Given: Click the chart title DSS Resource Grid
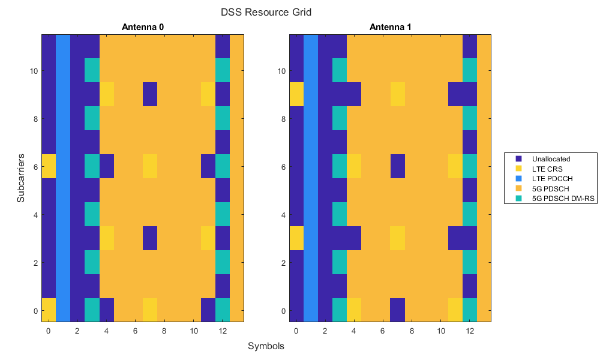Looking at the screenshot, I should (x=266, y=12).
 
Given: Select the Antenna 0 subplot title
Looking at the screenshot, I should (x=143, y=27).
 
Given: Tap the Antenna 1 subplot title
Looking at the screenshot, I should (x=390, y=27).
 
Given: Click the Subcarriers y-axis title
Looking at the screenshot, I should (x=21, y=178).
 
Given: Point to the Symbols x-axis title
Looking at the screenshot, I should (x=266, y=346).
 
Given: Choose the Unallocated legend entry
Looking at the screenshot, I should (x=549, y=159).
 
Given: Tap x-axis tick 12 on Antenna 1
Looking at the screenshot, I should (x=470, y=331).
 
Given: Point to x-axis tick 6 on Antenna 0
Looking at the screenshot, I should (x=136, y=331).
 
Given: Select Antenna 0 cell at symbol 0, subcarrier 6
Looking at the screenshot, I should (x=49, y=166).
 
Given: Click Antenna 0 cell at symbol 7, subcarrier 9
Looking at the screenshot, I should (x=150, y=94).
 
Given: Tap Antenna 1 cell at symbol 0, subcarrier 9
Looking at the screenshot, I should (x=296, y=94).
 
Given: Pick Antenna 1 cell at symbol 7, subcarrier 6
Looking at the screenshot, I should (x=397, y=166).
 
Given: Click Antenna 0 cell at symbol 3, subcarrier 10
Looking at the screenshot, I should (x=92, y=70).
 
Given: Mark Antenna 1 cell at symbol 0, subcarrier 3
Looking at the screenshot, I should (x=296, y=238).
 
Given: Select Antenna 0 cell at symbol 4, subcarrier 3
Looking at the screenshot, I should (x=107, y=238).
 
